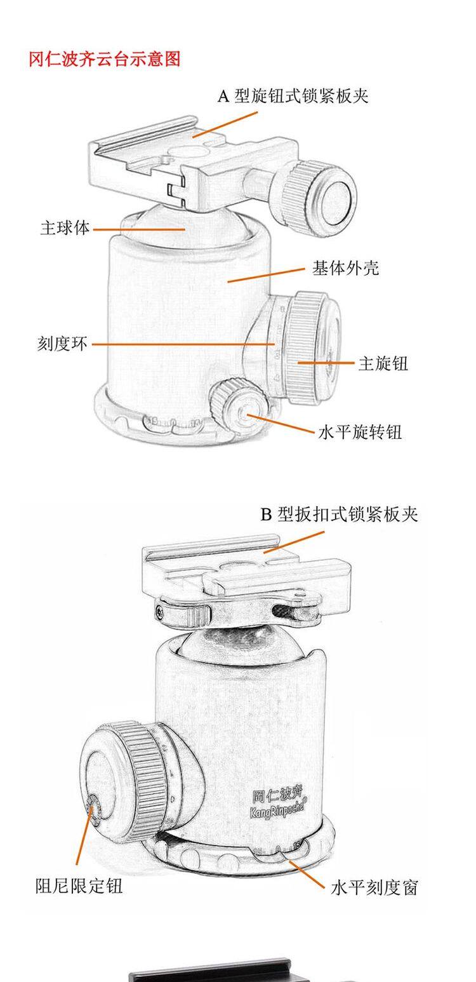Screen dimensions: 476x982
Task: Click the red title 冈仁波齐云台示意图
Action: [105, 59]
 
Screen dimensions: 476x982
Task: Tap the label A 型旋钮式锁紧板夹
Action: [293, 96]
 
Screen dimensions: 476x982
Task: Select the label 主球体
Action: [65, 228]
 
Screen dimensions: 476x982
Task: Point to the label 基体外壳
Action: [345, 268]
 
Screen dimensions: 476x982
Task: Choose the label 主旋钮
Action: [383, 363]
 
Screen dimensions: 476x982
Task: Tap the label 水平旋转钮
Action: [360, 433]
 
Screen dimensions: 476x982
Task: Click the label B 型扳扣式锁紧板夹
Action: [340, 514]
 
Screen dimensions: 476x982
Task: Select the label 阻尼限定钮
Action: [79, 885]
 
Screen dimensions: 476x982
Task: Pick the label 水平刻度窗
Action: [374, 887]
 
